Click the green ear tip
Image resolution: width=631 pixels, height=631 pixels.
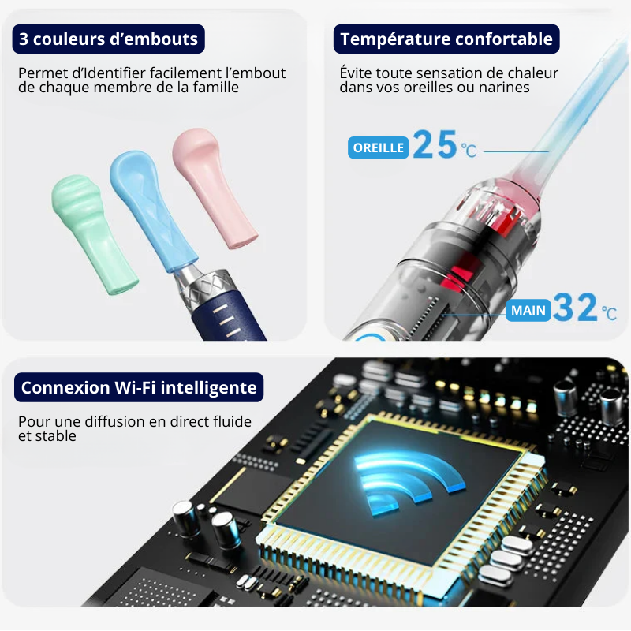95,233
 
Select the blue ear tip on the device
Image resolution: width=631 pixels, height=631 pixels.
152,210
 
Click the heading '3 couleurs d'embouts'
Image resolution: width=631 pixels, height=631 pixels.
108,39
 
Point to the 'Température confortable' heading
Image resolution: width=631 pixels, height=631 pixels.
446,39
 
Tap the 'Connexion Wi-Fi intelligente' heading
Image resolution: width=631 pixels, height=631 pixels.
139,387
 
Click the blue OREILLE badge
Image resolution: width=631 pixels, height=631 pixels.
379,147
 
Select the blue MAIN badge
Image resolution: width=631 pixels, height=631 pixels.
528,310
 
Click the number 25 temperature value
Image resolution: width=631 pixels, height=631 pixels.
435,144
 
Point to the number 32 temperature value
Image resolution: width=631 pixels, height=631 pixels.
575,307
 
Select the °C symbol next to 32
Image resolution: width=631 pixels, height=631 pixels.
609,313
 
